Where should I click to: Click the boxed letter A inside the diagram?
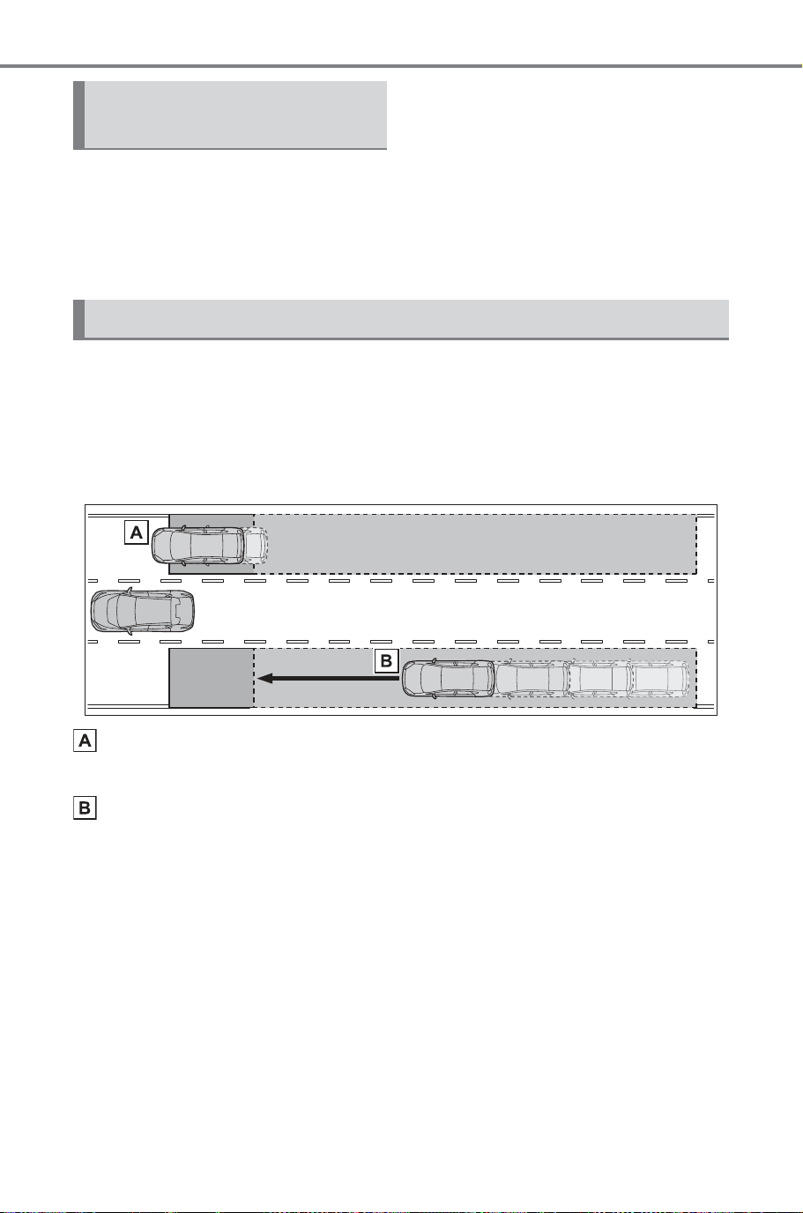[x=137, y=532]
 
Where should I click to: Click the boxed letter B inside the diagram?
[x=386, y=660]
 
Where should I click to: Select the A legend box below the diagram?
[x=85, y=740]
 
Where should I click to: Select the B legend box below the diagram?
[x=85, y=808]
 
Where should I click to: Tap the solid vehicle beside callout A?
[x=197, y=546]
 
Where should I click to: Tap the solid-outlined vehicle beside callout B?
[x=449, y=678]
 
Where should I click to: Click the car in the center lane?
[x=143, y=611]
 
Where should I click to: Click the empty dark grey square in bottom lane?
[x=212, y=678]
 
